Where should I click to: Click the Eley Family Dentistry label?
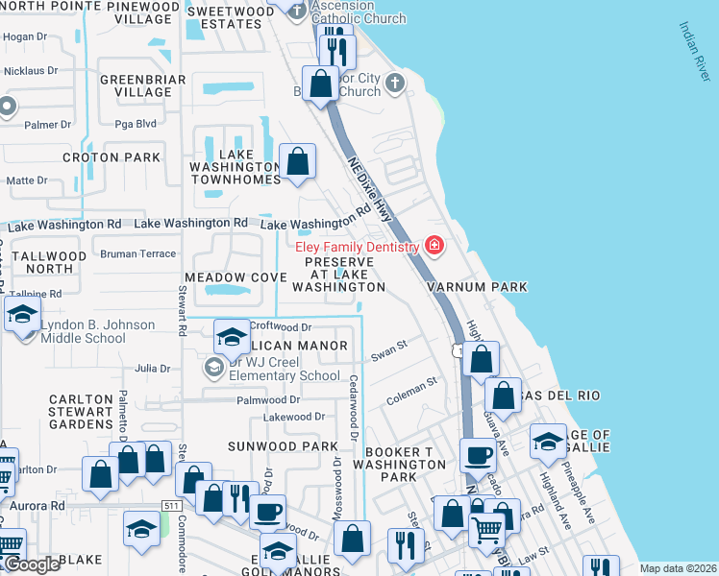[x=357, y=247]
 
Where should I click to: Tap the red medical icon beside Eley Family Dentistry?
[x=434, y=247]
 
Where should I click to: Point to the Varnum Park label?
[x=478, y=287]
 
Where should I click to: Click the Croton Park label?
[x=98, y=156]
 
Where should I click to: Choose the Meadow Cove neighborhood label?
[x=236, y=277]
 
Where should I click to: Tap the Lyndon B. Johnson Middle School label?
[x=97, y=331]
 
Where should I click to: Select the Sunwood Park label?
[x=283, y=446]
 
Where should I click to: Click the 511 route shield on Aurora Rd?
[x=171, y=506]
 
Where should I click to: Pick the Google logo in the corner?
[x=33, y=565]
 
